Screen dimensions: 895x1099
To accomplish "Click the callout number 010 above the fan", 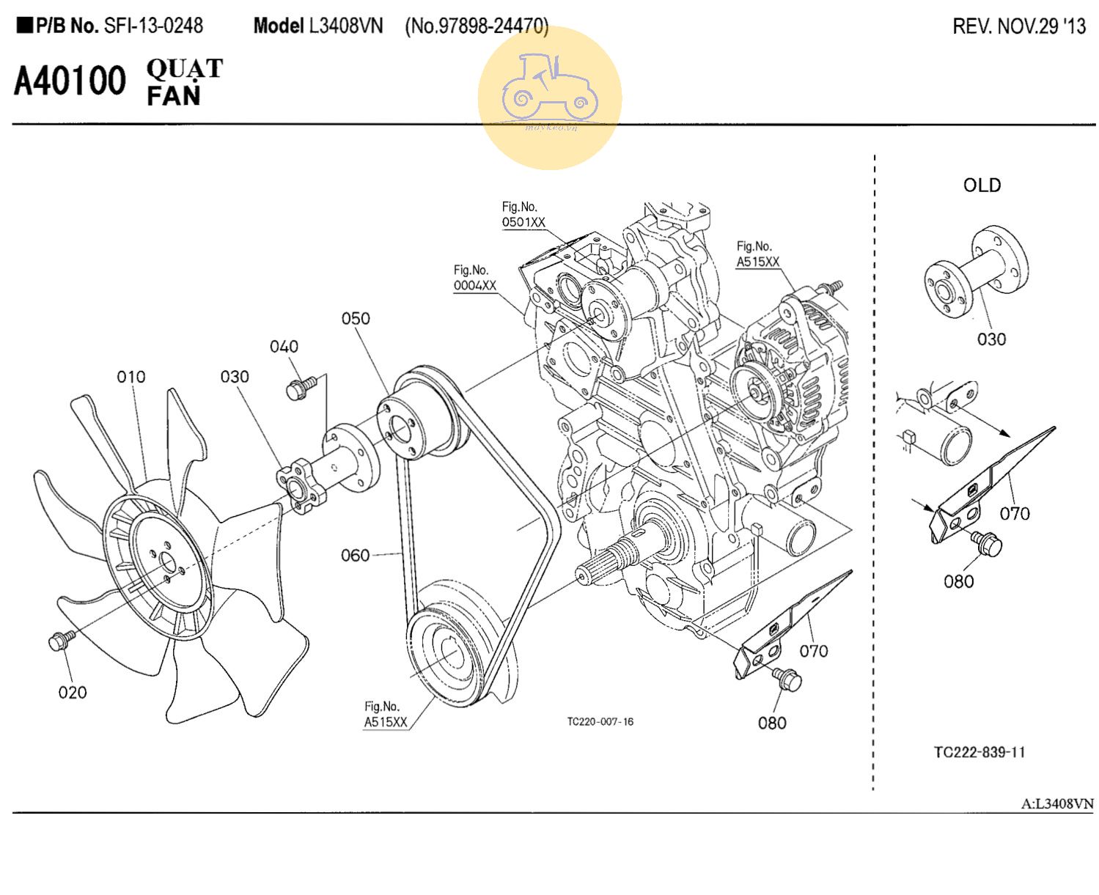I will coord(131,377).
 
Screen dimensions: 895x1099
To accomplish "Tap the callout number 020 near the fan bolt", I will coord(73,692).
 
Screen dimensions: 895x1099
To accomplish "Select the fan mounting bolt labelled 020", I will coord(59,641).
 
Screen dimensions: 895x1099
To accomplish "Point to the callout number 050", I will coord(356,319).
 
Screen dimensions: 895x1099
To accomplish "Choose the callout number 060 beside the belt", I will coord(356,556).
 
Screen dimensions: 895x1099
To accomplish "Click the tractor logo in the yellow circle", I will coord(549,89).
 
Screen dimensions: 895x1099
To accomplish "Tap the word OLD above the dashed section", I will coord(982,185).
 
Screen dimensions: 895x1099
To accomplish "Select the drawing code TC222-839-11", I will coord(979,752).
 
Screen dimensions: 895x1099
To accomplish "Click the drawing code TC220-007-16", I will coord(600,722).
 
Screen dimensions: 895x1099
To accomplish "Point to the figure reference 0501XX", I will coord(523,222).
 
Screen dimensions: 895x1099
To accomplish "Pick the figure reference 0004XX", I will coord(474,286).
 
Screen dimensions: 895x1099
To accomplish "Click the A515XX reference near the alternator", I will coord(758,262).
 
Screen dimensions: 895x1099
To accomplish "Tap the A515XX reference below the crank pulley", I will coord(386,722).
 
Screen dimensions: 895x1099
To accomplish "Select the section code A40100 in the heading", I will coord(70,81).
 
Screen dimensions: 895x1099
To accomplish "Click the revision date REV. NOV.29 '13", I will coord(1019,27).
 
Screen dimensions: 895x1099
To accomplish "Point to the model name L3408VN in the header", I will coord(345,26).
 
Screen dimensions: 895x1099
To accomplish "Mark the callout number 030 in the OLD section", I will coord(991,339).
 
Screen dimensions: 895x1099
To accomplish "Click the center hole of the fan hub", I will coord(168,564).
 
